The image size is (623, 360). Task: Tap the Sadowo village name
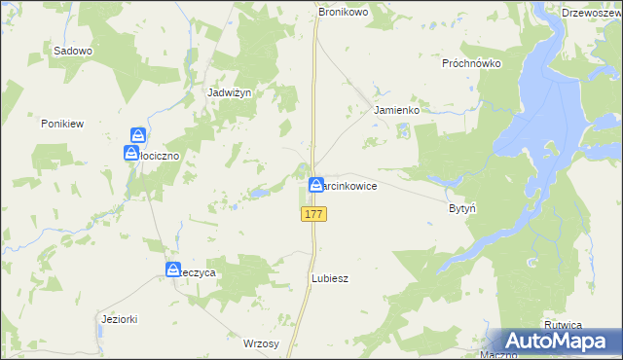(x=73, y=51)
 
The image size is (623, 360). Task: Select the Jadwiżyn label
(x=230, y=92)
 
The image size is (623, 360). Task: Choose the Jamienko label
(x=396, y=111)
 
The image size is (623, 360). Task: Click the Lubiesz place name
(x=329, y=278)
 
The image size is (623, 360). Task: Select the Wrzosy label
(x=261, y=343)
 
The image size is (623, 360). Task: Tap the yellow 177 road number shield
(x=313, y=214)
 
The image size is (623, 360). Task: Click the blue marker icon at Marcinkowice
(x=317, y=184)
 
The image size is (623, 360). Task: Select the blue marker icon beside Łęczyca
(x=173, y=270)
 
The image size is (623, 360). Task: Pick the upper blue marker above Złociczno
(x=139, y=135)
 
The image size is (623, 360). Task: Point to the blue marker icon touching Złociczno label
(x=130, y=153)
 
